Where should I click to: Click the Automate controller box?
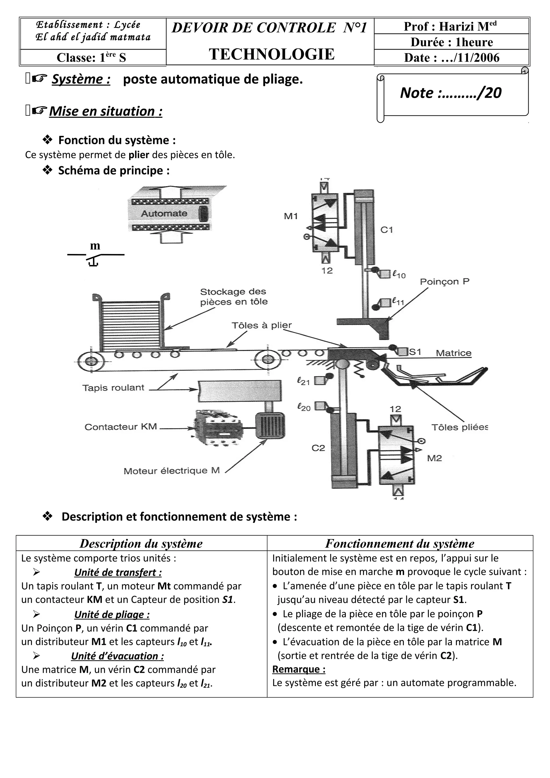click(x=169, y=213)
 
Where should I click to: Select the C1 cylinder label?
click(x=387, y=230)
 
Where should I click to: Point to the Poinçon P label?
click(x=445, y=282)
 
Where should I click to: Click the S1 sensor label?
click(x=415, y=352)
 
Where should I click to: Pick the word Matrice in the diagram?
click(x=453, y=353)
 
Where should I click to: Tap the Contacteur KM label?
click(x=121, y=427)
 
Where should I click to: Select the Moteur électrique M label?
click(x=172, y=471)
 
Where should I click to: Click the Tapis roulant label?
click(x=113, y=388)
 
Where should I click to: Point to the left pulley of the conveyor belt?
click(x=91, y=362)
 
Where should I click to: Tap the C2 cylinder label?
click(x=318, y=448)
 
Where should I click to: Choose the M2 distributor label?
click(x=435, y=458)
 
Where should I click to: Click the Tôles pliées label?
click(x=459, y=427)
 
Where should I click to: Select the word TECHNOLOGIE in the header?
click(x=272, y=54)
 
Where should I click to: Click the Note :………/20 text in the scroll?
click(x=451, y=93)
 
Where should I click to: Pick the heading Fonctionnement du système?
click(x=400, y=544)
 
